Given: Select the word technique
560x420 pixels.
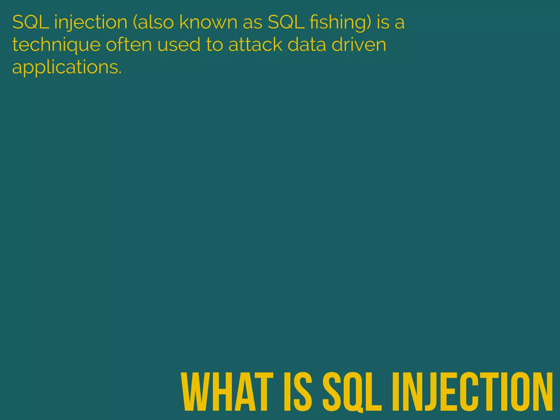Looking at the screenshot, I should pyautogui.click(x=56, y=45).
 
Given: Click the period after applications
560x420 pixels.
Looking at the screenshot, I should pyautogui.click(x=120, y=73).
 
